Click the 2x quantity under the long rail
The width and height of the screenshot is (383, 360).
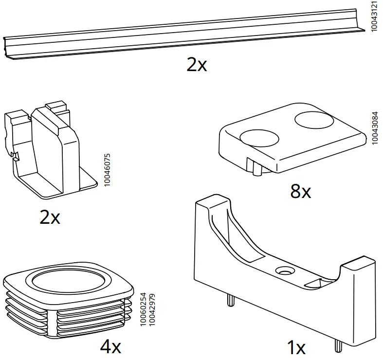tap(197, 65)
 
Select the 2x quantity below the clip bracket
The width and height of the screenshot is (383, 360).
tap(50, 217)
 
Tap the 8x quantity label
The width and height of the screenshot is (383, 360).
tap(300, 192)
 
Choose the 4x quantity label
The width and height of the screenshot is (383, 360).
tap(110, 347)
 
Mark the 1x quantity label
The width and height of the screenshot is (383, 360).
tap(296, 348)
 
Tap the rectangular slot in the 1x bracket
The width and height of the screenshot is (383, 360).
tap(316, 282)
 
